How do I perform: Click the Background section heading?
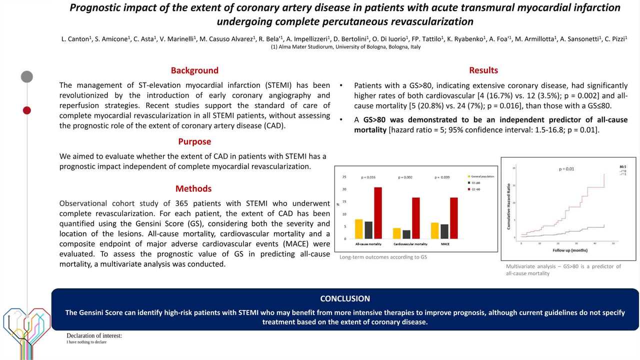(x=194, y=70)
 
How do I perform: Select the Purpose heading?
(x=194, y=141)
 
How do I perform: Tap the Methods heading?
(x=193, y=188)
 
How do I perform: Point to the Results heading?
(x=483, y=70)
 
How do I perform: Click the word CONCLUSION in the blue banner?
(x=345, y=298)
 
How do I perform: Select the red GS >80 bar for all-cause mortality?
(x=378, y=213)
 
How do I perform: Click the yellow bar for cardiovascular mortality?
(x=396, y=233)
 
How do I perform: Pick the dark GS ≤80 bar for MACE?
(x=444, y=231)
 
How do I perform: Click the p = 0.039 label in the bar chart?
(x=442, y=177)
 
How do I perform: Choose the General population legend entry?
(x=481, y=176)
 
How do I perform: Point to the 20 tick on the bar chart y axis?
(x=343, y=189)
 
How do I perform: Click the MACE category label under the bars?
(x=444, y=244)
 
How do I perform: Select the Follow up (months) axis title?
(x=569, y=250)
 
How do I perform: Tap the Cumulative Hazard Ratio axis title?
(x=508, y=206)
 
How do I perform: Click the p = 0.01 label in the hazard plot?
(x=566, y=169)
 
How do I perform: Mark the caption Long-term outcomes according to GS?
(x=383, y=257)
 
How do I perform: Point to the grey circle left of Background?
(x=27, y=76)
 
